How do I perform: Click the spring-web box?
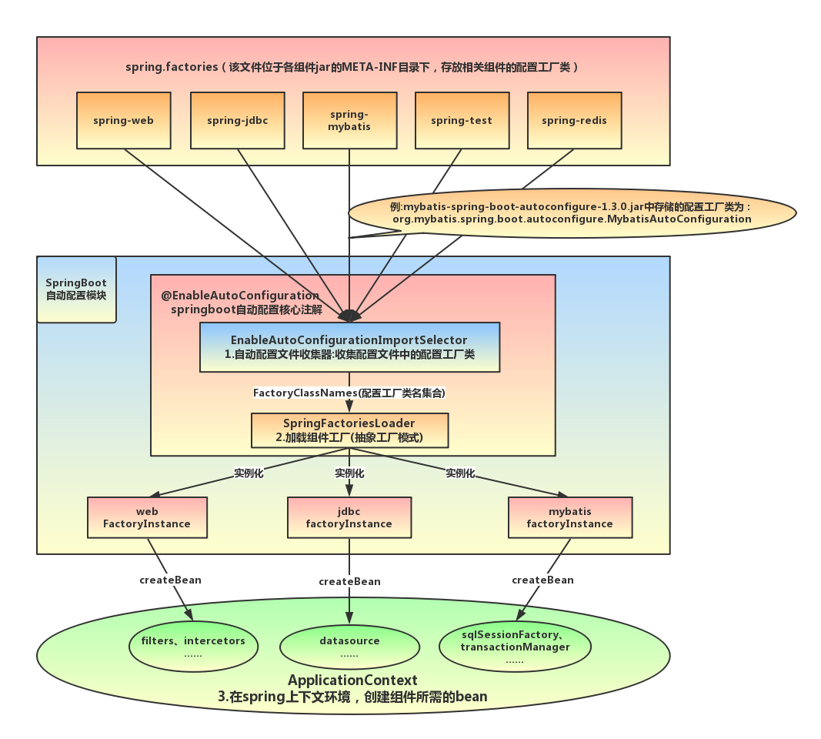point(124,120)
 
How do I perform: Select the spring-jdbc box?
point(238,120)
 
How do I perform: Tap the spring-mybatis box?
point(350,120)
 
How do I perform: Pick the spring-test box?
point(462,120)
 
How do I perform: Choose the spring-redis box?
point(574,120)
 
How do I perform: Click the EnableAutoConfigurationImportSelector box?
point(350,347)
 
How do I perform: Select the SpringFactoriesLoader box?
point(350,430)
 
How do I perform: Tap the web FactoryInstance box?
point(147,517)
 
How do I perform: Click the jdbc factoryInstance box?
point(349,517)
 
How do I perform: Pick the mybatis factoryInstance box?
point(570,517)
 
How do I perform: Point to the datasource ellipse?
point(350,647)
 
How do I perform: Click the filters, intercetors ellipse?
point(193,647)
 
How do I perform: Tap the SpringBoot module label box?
point(76,289)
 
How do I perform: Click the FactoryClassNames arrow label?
point(349,393)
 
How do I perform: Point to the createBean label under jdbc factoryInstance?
point(350,581)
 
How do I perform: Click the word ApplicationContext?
point(352,680)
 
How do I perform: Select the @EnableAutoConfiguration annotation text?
point(240,296)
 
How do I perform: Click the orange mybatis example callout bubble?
point(572,213)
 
